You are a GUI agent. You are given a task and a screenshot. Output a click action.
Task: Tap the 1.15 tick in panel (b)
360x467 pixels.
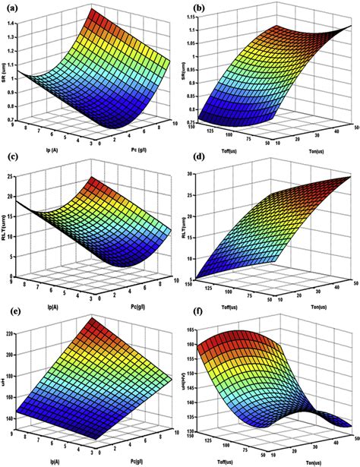(196, 30)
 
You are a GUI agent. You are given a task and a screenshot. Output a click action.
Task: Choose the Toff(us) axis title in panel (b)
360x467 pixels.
(220, 142)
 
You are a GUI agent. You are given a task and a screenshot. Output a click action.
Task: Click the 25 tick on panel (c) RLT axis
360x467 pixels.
(14, 176)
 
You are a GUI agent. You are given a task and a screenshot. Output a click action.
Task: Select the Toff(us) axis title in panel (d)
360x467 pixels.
(220, 293)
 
